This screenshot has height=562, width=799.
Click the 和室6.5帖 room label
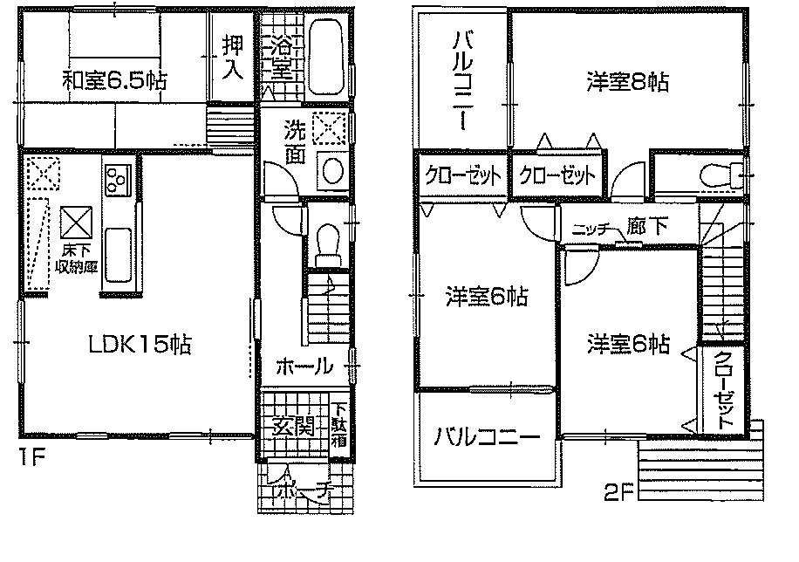(113, 81)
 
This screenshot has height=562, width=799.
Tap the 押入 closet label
(232, 57)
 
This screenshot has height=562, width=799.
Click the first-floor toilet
(329, 242)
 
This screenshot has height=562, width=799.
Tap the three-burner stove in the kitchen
(116, 180)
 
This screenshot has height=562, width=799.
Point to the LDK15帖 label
(139, 345)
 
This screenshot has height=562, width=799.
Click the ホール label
(304, 367)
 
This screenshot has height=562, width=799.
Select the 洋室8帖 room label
(627, 82)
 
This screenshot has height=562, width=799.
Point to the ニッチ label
(591, 230)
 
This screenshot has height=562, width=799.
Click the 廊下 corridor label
(647, 227)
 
